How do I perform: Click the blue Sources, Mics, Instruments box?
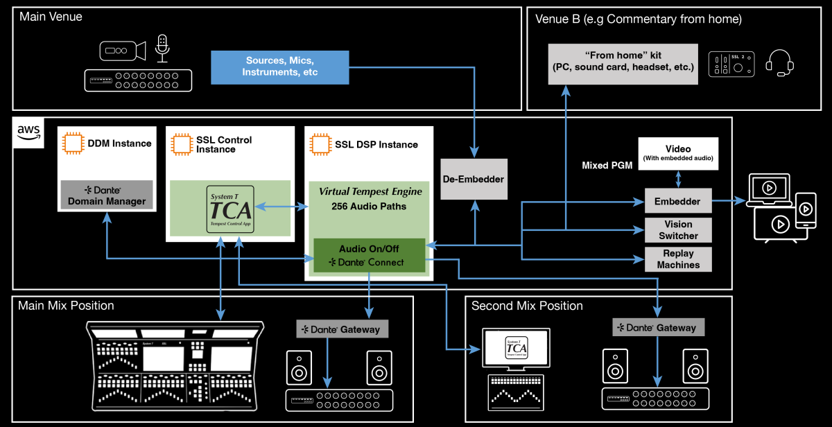tap(280, 67)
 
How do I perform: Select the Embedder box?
tap(678, 202)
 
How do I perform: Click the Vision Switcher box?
tap(678, 230)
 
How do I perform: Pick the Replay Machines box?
tap(678, 259)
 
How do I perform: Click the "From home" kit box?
tap(621, 64)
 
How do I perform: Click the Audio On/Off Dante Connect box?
tap(368, 255)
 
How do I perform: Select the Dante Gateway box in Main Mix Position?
tap(343, 329)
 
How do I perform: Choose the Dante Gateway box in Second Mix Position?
tap(659, 326)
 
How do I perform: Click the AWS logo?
tap(28, 132)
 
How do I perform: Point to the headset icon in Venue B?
tap(779, 64)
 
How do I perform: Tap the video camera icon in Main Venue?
tap(122, 51)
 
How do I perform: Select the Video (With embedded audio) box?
tap(678, 153)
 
